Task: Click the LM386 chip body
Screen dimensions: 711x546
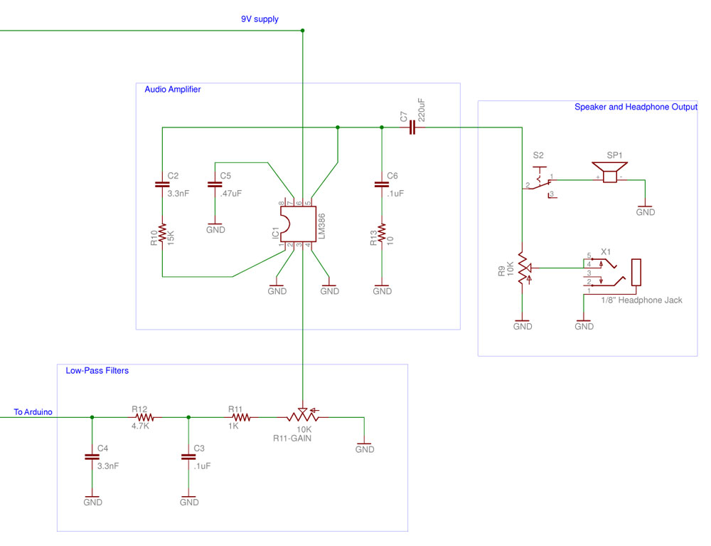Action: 299,224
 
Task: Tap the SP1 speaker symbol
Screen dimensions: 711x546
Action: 610,172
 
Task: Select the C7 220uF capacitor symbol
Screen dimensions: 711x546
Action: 412,127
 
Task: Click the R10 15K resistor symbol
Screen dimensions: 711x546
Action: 162,235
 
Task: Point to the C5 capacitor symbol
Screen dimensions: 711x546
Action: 215,184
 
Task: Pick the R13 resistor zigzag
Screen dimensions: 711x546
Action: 382,235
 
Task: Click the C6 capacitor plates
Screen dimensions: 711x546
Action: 382,184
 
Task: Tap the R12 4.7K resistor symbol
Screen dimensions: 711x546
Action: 144,418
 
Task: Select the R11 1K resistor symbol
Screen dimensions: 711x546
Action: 240,418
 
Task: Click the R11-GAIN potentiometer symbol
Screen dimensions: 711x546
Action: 302,415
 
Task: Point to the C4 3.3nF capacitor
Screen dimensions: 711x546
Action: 92,457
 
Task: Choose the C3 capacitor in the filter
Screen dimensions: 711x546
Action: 188,457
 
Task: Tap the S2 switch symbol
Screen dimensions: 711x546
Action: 540,182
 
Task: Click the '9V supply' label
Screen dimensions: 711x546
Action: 260,19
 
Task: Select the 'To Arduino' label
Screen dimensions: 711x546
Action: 33,412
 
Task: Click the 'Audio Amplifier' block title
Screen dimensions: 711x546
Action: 173,90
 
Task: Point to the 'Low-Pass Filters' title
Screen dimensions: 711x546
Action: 97,371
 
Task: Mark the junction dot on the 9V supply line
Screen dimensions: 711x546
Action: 302,31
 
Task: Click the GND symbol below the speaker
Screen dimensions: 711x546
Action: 646,209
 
